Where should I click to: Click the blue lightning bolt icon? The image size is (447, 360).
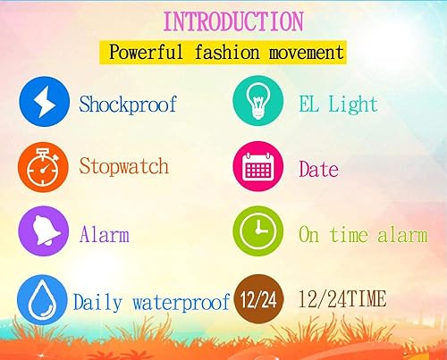(x=44, y=104)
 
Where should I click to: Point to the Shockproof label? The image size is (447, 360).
(x=128, y=105)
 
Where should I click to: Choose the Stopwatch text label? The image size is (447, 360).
(x=123, y=166)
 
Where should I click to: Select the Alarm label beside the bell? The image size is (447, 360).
(x=104, y=235)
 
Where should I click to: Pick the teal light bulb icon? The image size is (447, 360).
(x=258, y=104)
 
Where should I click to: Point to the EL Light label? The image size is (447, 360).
(x=339, y=105)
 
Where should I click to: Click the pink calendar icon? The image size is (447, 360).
(x=258, y=168)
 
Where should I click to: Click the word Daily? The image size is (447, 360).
(x=97, y=302)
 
